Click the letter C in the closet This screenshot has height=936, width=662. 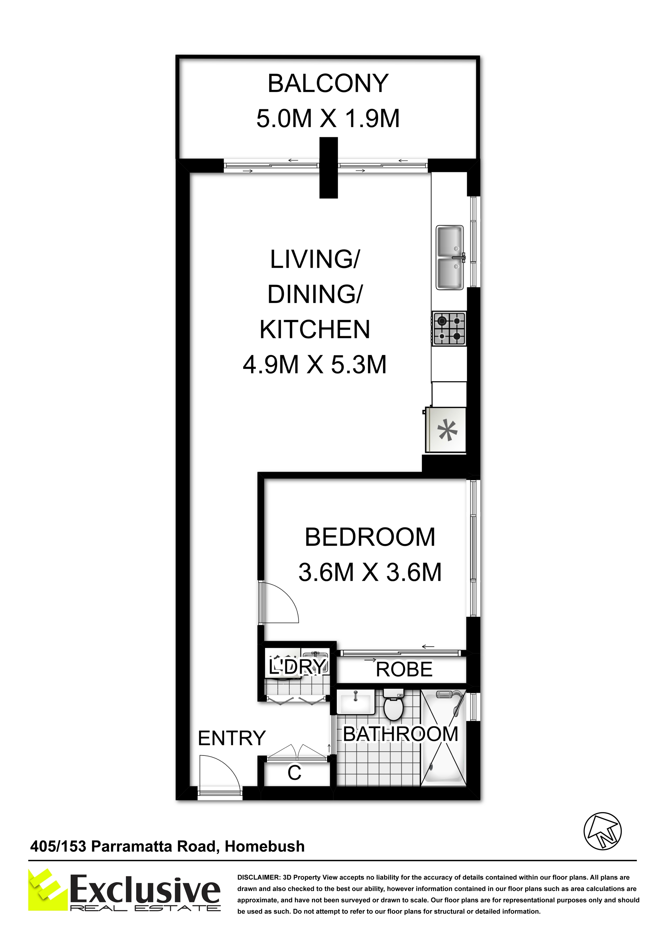point(294,773)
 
